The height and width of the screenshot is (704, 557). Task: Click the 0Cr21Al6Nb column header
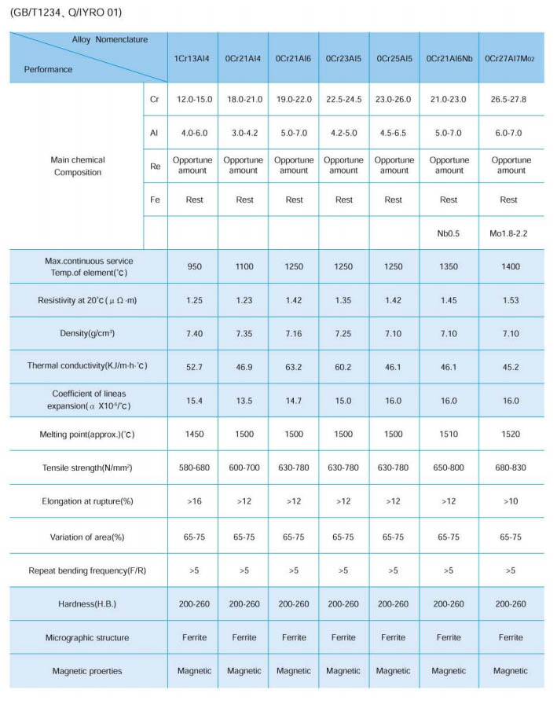click(x=449, y=58)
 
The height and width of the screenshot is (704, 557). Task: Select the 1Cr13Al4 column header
click(x=194, y=58)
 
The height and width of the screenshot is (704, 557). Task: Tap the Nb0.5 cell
click(x=449, y=233)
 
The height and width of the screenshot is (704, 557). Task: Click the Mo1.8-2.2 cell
click(x=510, y=233)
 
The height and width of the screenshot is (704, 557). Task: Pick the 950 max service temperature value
click(x=194, y=266)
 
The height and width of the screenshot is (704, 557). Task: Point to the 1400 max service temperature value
click(x=510, y=266)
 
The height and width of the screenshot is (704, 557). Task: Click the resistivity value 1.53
click(x=510, y=300)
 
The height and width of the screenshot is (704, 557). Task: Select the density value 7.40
click(x=194, y=334)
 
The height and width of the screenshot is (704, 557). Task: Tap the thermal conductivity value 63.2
click(x=294, y=366)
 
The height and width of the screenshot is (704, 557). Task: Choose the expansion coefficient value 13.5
click(x=244, y=400)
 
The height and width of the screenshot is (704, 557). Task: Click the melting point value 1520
click(x=510, y=434)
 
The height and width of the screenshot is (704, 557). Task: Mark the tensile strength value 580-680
click(x=194, y=468)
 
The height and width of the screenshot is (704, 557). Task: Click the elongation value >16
click(x=194, y=502)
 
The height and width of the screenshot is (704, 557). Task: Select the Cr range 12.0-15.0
click(x=194, y=100)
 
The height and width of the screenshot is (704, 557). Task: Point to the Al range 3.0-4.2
click(x=244, y=133)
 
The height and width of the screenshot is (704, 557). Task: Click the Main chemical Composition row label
click(x=78, y=166)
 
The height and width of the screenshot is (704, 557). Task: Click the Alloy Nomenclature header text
click(x=109, y=39)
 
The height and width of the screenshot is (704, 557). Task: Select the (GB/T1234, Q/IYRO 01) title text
click(x=67, y=13)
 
